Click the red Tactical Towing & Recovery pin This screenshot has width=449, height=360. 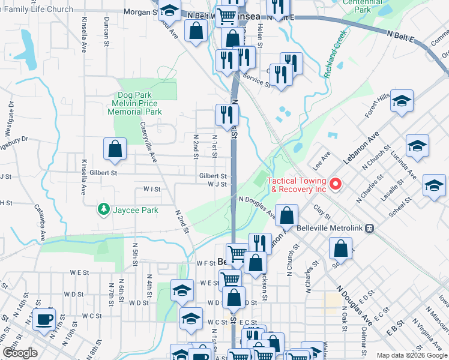(336, 184)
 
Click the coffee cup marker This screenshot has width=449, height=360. (44, 319)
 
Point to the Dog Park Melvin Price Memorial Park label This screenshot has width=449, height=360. (140, 103)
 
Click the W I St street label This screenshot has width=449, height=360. (152, 189)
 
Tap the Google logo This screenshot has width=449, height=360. (20, 353)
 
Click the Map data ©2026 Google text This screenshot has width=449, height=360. (411, 355)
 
